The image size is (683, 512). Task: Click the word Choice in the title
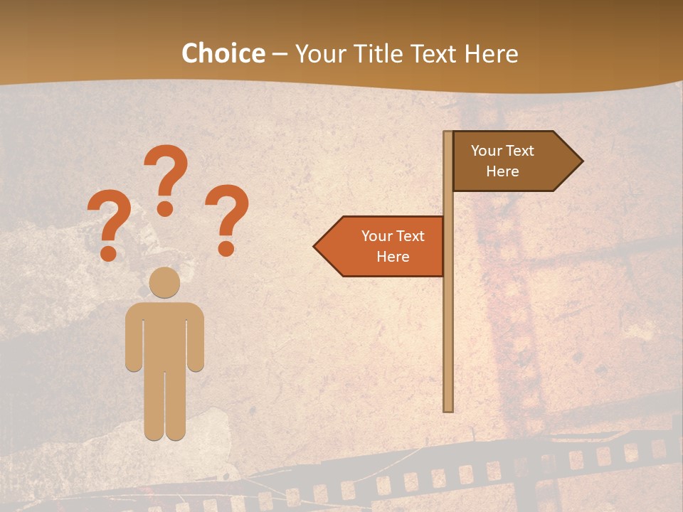pos(223,53)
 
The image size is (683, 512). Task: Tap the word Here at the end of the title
pos(491,53)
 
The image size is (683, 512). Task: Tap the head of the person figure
pos(165,282)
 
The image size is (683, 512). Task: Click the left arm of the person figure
pos(134,338)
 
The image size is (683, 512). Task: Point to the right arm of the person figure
pos(196,338)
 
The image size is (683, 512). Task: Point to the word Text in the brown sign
pos(519,151)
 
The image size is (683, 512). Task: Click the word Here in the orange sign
pos(393,257)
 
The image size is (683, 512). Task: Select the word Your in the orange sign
pos(376,236)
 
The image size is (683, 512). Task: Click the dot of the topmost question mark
pos(166,208)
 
